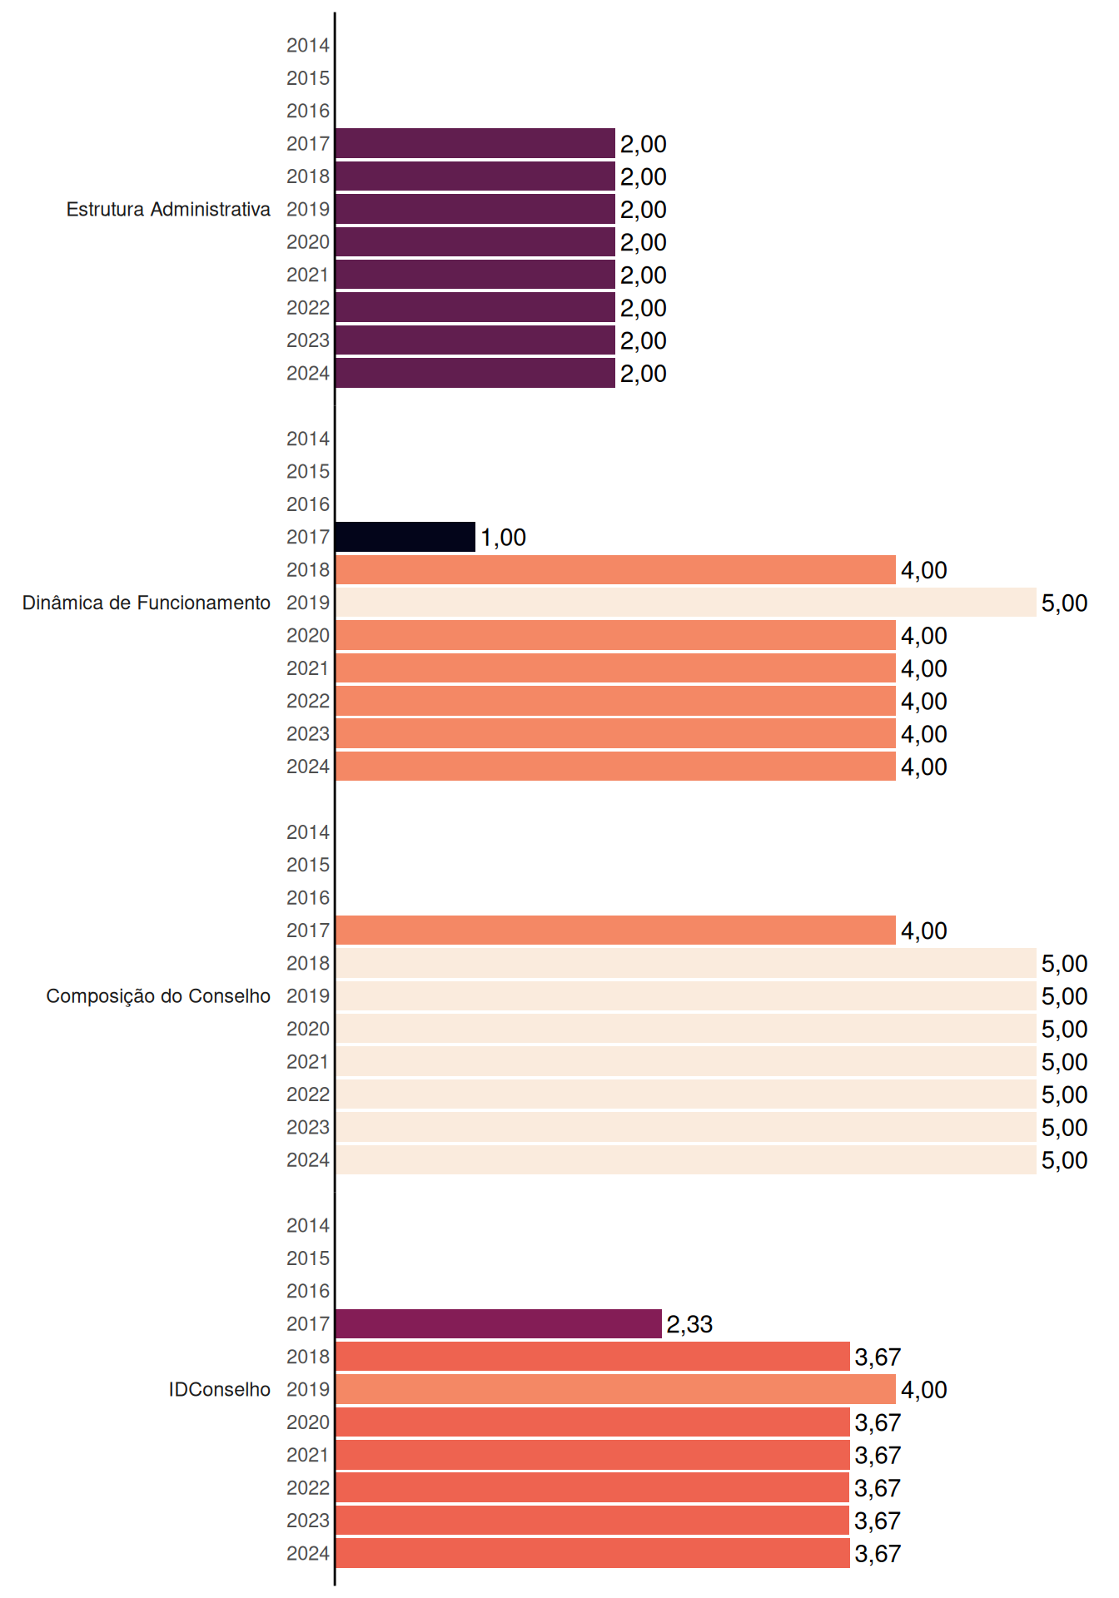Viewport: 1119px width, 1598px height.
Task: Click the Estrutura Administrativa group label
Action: tap(168, 209)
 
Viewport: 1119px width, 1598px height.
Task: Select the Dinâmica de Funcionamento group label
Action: tap(147, 603)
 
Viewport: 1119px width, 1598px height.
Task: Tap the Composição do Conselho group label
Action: tap(158, 996)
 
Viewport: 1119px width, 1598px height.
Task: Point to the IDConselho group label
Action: tap(220, 1389)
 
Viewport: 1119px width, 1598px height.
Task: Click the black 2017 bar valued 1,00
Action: tap(405, 537)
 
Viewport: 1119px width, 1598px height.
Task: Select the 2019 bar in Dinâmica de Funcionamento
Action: tap(686, 603)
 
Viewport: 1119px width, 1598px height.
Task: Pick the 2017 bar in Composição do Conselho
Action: tap(616, 931)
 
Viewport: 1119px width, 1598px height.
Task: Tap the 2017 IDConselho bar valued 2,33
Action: tap(499, 1323)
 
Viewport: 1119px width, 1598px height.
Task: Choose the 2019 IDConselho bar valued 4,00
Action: tap(616, 1389)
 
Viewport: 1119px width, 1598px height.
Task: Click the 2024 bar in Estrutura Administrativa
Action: tap(475, 373)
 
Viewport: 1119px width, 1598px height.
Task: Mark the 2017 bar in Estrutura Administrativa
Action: tap(475, 143)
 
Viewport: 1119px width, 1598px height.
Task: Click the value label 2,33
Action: tap(689, 1324)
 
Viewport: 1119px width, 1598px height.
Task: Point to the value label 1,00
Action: tap(504, 538)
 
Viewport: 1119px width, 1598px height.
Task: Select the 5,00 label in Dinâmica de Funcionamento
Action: tap(1065, 603)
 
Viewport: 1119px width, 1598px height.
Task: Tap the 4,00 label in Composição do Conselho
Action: tap(924, 931)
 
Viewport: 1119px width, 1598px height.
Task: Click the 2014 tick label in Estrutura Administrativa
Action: tap(308, 46)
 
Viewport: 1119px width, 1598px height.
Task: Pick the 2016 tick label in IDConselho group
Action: tap(308, 1291)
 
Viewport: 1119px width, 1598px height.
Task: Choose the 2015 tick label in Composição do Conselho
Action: tap(308, 865)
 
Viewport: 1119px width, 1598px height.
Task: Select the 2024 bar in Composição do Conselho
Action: tap(686, 1159)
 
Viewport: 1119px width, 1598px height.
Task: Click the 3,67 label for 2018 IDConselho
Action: tap(878, 1357)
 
